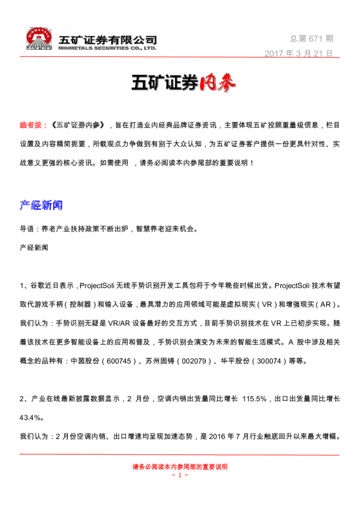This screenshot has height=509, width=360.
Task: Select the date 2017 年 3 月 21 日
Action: pos(299,53)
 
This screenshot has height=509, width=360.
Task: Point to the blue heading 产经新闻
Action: pos(41,205)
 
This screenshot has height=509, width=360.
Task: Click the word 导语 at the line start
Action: pos(27,229)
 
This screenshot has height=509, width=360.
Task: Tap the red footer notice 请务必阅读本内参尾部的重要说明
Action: pos(180,467)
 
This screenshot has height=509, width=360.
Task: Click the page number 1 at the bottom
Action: pos(180,475)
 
